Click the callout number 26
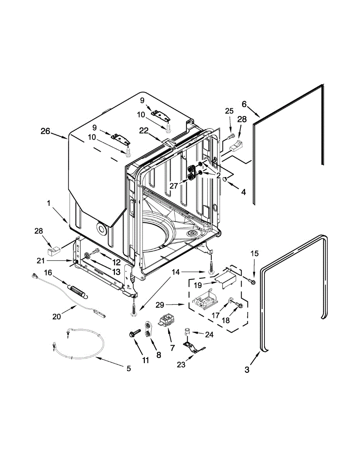pos(45,131)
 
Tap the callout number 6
pos(244,104)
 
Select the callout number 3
pos(247,370)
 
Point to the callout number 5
pos(129,368)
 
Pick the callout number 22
pos(144,132)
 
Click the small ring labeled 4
pos(224,179)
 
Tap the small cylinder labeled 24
pos(187,331)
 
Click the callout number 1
pos(49,203)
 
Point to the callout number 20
pos(57,316)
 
